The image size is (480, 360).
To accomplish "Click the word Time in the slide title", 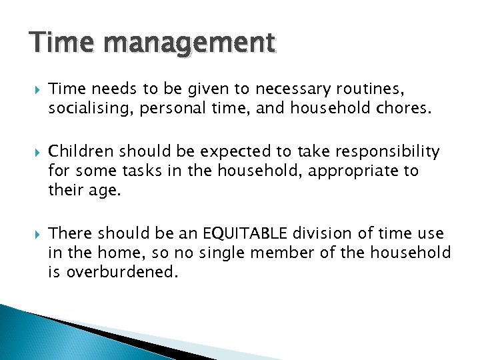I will tap(57, 43).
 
